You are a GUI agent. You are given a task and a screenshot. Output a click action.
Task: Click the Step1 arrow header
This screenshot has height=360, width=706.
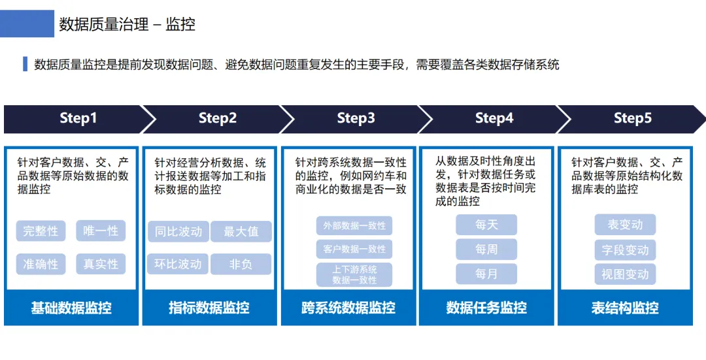pos(78,118)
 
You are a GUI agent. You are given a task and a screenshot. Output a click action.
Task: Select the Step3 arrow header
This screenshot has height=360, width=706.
pos(356,118)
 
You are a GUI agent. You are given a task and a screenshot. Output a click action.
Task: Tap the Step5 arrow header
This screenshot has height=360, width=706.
pos(632,118)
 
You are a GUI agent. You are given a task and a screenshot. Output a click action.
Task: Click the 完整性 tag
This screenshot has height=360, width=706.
pos(41,231)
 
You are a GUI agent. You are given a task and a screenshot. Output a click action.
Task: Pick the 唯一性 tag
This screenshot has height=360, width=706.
pos(101,231)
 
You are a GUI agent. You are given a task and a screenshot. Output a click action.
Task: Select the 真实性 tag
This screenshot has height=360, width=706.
pos(101,264)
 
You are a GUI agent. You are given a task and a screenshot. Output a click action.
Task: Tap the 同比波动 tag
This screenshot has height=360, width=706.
pos(178,231)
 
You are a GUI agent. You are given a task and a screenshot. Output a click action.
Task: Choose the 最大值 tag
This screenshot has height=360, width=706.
pos(241,231)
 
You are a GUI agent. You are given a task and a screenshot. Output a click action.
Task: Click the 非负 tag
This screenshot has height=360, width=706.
pos(241,264)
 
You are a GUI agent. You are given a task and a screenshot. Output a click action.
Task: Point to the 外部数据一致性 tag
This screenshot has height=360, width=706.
pos(354,225)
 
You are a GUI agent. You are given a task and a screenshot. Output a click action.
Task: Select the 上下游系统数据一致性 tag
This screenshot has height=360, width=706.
pos(354,274)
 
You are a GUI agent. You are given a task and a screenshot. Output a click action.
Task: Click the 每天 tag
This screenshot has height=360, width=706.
pos(486,225)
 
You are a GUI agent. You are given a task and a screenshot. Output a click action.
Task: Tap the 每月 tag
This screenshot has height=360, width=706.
pos(486,274)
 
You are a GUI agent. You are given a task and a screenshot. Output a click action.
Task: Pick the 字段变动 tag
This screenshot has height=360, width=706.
pos(625,250)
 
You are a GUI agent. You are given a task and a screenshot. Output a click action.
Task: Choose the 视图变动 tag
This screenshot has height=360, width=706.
pos(625,274)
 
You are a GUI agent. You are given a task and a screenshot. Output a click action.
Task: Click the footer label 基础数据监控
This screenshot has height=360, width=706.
pos(71,308)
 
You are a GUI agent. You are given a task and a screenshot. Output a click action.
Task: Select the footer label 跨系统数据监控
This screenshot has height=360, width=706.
pos(348,308)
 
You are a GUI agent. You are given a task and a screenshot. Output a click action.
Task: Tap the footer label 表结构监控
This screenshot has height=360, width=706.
pos(625,308)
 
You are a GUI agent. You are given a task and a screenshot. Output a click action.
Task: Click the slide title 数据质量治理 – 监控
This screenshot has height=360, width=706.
pos(127,25)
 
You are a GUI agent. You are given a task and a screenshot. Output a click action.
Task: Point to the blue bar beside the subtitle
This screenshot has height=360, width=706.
pos(25,64)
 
